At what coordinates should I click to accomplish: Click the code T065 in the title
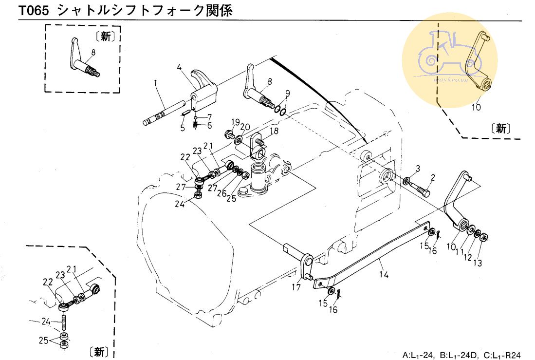pos(34,11)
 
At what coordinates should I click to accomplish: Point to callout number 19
pos(235,122)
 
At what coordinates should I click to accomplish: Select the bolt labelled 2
pos(422,188)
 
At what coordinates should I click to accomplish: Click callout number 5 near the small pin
pos(183,129)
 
